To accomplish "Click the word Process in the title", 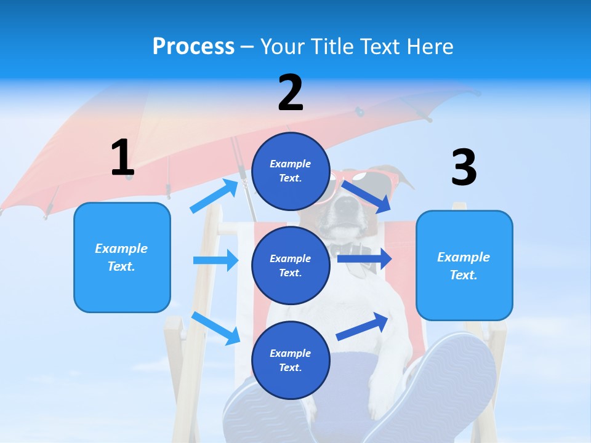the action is [x=193, y=47].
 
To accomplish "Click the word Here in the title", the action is [x=430, y=46].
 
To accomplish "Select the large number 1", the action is [x=123, y=157].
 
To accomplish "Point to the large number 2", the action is [x=291, y=92].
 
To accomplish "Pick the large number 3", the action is [x=464, y=167].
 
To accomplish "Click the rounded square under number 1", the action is [x=122, y=258].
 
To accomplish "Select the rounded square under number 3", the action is [x=464, y=266].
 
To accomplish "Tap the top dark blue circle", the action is [x=291, y=171].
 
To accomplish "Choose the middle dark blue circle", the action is [x=291, y=266].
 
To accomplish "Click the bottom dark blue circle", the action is [x=291, y=360].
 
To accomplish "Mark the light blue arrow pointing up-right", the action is [x=214, y=196].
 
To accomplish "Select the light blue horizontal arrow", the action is [x=216, y=260].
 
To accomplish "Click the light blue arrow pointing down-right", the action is [x=215, y=329].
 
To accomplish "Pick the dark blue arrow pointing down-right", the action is [x=366, y=198].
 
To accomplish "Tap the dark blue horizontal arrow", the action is [x=364, y=259].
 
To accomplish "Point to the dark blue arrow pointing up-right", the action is [x=362, y=326].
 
